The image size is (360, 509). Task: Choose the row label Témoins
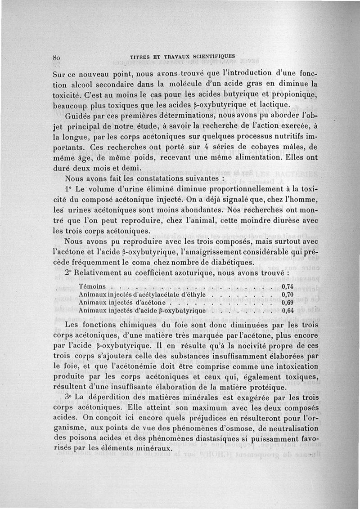pos(92,286)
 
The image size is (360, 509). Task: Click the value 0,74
pos(287,286)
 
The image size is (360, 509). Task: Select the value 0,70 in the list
pos(287,295)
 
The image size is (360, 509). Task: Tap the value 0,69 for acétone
pos(287,303)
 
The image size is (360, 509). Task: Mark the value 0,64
pos(287,311)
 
